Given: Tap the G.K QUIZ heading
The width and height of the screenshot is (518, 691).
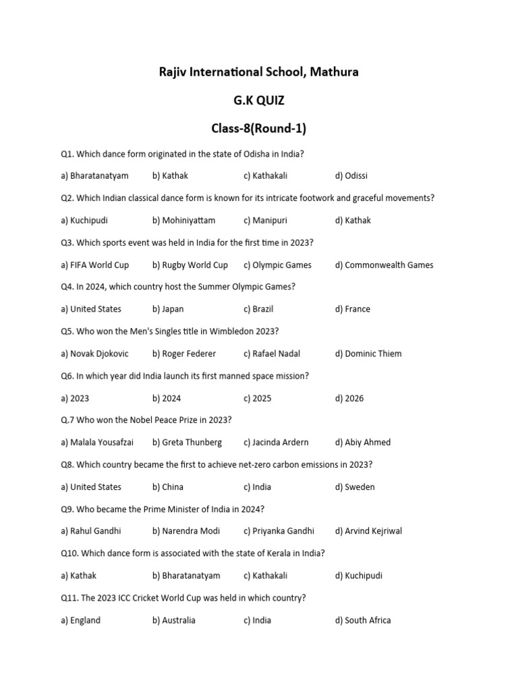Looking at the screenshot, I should coord(259,101).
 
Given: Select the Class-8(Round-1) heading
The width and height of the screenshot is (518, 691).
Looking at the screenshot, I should coord(259,128).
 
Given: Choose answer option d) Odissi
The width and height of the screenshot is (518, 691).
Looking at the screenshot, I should coord(351,175).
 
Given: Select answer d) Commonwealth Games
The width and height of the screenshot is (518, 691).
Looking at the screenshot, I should coord(384,265).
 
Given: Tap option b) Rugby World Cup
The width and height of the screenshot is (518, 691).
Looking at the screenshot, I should coord(190,265).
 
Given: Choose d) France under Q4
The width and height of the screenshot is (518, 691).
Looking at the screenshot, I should coord(352,309).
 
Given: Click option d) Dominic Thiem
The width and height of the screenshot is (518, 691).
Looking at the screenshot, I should coord(368,354).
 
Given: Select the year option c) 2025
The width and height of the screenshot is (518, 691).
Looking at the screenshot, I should coord(258,398).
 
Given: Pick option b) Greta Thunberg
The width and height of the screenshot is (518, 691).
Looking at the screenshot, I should coord(187,443).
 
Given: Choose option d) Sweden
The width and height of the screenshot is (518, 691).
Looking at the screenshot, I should coord(355,487).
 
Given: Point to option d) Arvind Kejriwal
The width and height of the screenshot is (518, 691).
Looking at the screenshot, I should coord(368,531).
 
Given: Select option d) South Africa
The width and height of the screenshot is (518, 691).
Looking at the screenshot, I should coord(362,620).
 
